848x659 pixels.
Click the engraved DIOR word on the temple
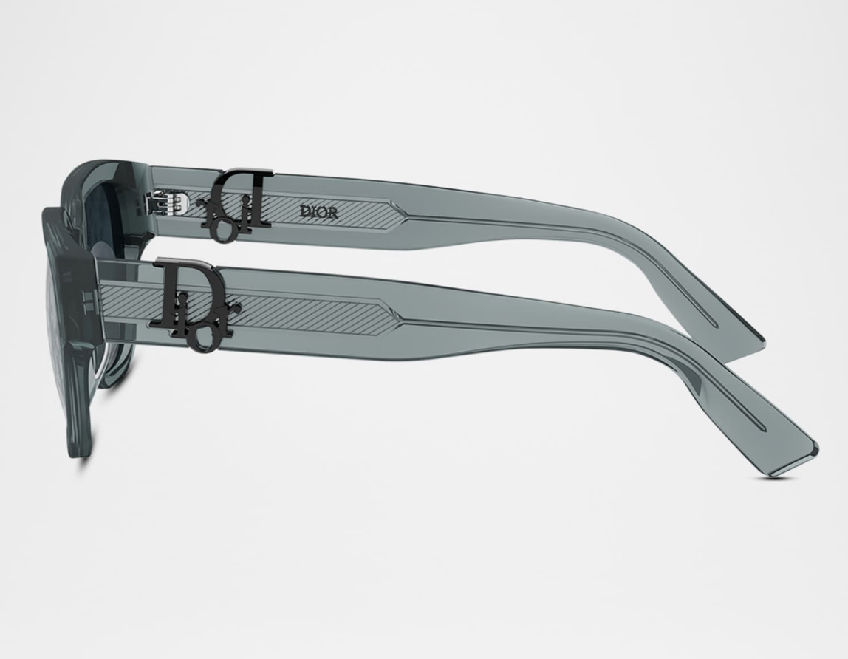pos(319,212)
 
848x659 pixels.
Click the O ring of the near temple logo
pos(203,338)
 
